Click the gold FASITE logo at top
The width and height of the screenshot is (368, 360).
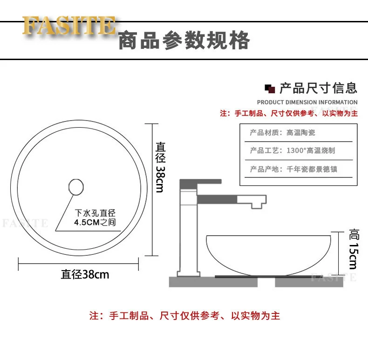[x=68, y=26]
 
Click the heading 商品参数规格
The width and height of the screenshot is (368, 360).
[x=184, y=41]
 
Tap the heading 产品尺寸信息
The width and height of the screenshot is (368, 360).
[x=318, y=88]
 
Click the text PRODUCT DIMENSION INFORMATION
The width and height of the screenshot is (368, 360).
[x=307, y=102]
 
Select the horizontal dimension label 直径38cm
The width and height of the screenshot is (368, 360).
[x=85, y=274]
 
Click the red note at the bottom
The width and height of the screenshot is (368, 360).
[x=185, y=316]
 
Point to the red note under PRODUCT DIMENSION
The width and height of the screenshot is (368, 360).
[x=289, y=113]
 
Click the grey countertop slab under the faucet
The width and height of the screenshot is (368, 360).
[x=191, y=282]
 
